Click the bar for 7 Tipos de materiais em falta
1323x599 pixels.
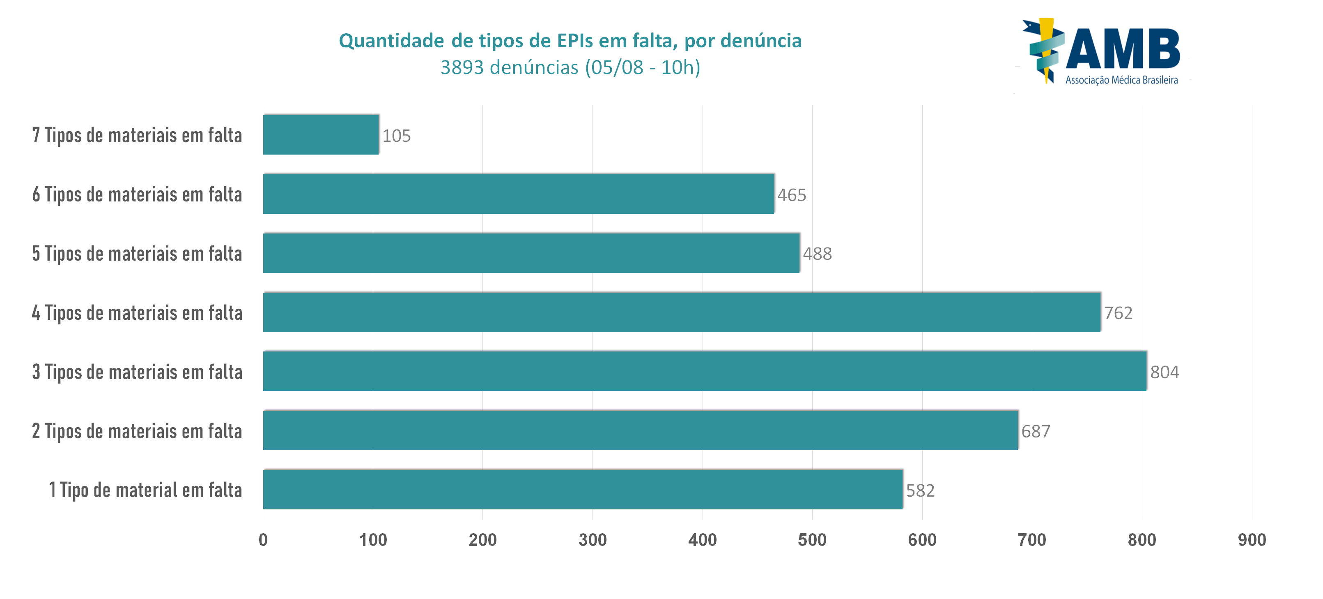pyautogui.click(x=321, y=135)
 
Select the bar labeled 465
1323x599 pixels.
pyautogui.click(x=519, y=194)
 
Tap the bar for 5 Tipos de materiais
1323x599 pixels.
pyautogui.click(x=532, y=253)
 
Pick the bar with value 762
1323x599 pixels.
pyautogui.click(x=682, y=312)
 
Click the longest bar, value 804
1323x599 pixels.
pyautogui.click(x=705, y=371)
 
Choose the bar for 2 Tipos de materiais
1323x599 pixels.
pyautogui.click(x=641, y=430)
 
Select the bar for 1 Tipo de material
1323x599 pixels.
pyautogui.click(x=583, y=490)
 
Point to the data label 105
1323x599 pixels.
pyautogui.click(x=397, y=136)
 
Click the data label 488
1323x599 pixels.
pyautogui.click(x=817, y=254)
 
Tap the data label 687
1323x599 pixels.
pyautogui.click(x=1036, y=431)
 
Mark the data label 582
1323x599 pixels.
pyautogui.click(x=920, y=490)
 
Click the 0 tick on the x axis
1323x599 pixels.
pyautogui.click(x=263, y=540)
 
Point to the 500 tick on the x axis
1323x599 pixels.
pyautogui.click(x=812, y=540)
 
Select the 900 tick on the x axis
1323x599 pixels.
pyautogui.click(x=1252, y=540)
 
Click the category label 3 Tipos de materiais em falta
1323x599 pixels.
pyautogui.click(x=137, y=372)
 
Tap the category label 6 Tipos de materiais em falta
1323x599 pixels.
pyautogui.click(x=137, y=194)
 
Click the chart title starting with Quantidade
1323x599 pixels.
pyautogui.click(x=570, y=41)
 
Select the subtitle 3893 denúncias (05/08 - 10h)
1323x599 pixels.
pyautogui.click(x=570, y=67)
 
